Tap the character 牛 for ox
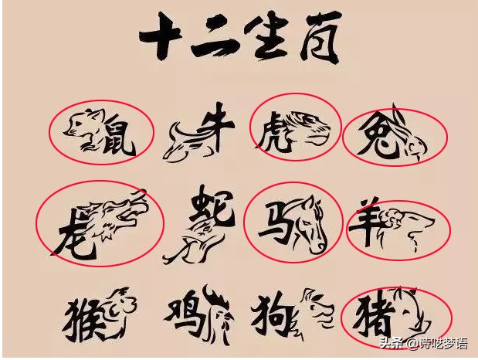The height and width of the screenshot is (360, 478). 214,127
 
